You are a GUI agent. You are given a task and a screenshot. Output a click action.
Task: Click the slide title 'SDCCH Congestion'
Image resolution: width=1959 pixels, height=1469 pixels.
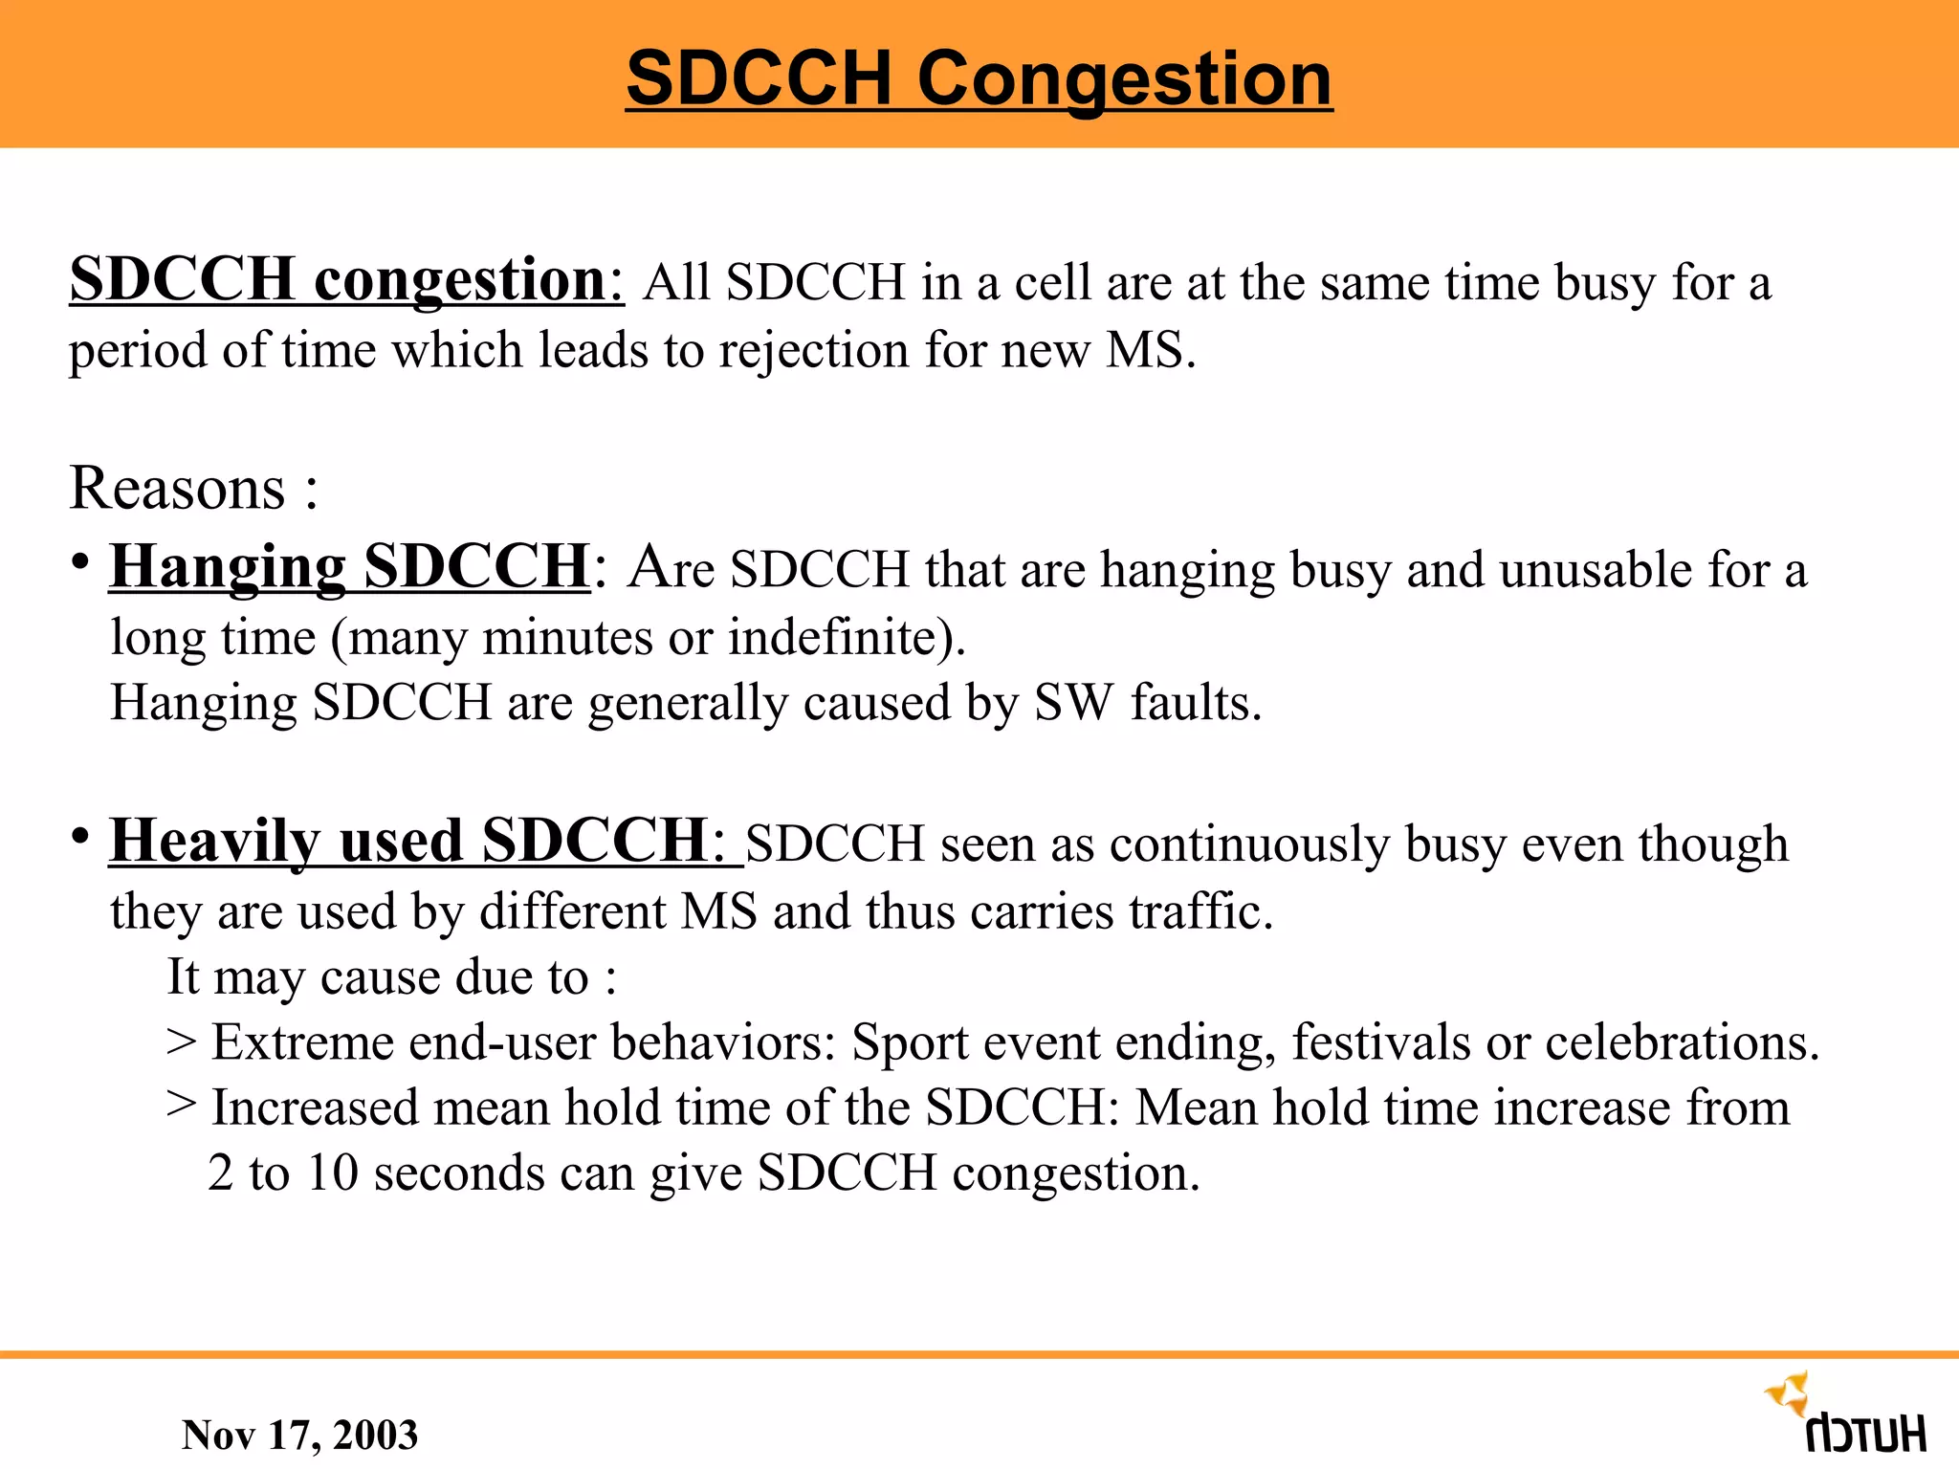click(979, 78)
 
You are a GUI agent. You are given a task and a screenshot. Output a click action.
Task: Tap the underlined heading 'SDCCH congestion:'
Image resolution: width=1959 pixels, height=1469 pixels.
click(346, 280)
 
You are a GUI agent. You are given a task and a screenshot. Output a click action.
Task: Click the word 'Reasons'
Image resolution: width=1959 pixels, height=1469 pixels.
click(178, 489)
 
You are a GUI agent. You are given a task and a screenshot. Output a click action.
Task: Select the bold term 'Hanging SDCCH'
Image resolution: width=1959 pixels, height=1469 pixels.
click(349, 566)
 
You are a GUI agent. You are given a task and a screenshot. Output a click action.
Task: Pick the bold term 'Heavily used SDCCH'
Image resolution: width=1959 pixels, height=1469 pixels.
click(408, 842)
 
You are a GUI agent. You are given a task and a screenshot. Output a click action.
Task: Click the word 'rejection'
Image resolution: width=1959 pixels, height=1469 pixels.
click(813, 350)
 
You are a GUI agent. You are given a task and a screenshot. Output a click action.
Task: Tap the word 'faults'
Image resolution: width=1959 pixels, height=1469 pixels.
click(1196, 703)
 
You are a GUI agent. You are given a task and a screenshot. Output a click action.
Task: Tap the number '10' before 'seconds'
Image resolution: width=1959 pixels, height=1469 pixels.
click(333, 1173)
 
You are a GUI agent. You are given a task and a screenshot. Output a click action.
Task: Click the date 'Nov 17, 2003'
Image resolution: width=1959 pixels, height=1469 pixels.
click(299, 1435)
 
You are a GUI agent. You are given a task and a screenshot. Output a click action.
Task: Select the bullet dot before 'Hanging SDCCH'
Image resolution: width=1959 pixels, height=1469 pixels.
click(80, 561)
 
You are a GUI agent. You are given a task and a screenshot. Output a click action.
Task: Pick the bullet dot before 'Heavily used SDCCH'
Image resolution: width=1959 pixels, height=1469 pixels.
click(80, 837)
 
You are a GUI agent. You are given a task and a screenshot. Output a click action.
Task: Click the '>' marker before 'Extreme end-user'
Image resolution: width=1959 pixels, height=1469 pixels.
click(181, 1042)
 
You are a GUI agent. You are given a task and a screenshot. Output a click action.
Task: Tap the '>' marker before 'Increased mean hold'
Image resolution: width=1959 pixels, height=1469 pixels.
click(181, 1107)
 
